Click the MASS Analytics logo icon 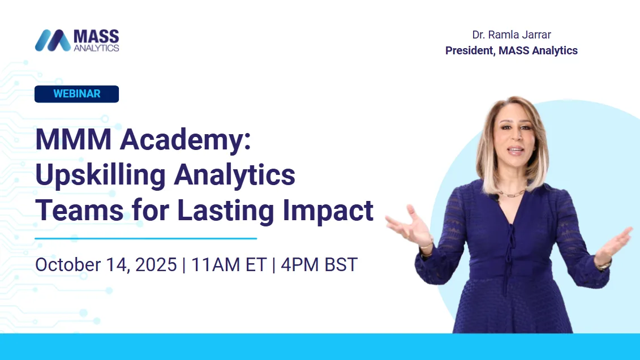[x=53, y=40]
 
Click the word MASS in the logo [x=96, y=37]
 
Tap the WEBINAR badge [x=76, y=94]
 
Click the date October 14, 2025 [x=106, y=264]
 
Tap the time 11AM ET [x=229, y=264]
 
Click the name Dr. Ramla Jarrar [x=511, y=35]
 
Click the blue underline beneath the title [x=145, y=238]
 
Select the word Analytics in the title [x=234, y=175]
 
